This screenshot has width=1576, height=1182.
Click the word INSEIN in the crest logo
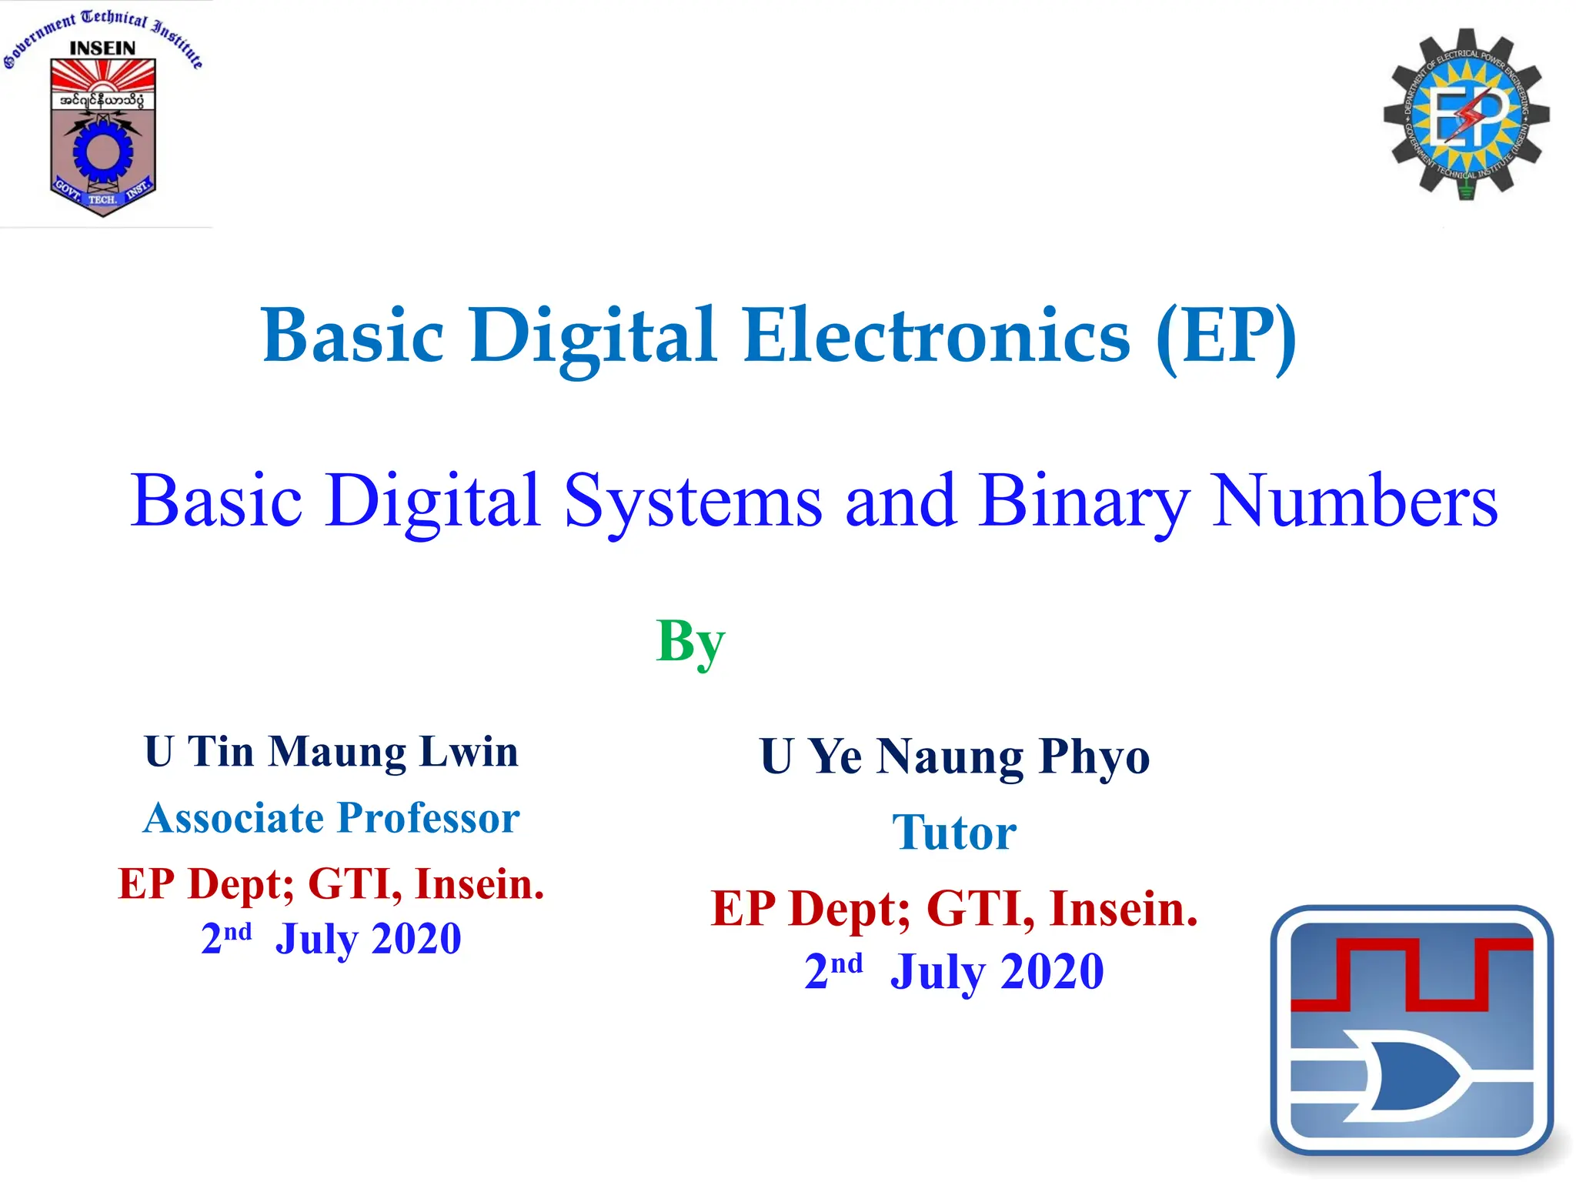coord(102,48)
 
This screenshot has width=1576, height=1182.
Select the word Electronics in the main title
coord(937,336)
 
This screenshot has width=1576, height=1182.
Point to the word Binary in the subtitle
coord(1084,502)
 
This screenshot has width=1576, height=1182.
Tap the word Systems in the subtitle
coord(693,502)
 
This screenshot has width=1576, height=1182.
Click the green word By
coord(690,642)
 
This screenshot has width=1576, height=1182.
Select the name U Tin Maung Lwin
coord(331,752)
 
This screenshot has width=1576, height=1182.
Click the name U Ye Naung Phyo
coord(955,756)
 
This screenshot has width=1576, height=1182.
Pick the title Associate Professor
coord(331,817)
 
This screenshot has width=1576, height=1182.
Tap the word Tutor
coord(954,833)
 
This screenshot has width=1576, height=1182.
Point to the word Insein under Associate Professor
coord(479,883)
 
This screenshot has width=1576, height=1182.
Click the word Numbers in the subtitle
coord(1354,502)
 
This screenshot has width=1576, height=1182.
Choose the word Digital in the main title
coord(593,336)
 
